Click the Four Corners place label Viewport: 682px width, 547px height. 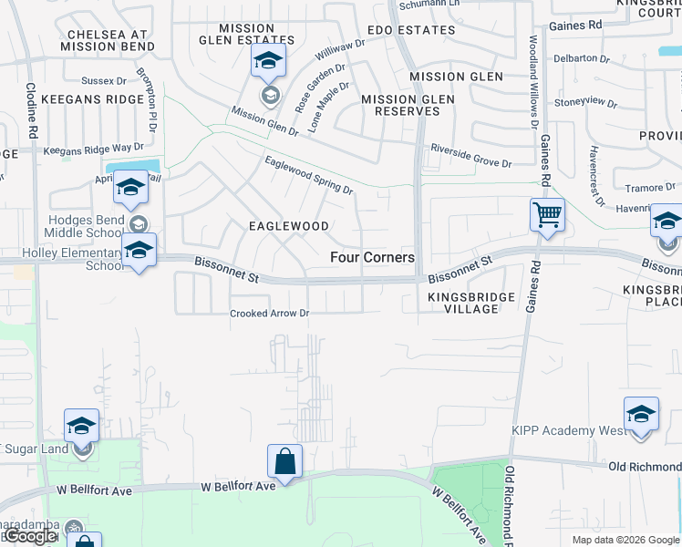tap(372, 258)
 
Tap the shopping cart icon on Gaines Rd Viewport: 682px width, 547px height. tap(547, 216)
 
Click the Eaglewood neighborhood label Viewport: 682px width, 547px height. tap(289, 225)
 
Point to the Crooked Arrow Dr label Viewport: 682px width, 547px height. tap(270, 314)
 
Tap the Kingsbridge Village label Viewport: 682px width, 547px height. tap(463, 303)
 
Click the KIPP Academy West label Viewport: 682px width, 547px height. tap(574, 430)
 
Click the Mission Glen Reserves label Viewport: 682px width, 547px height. tap(401, 105)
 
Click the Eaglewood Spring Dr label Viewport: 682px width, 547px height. tap(308, 174)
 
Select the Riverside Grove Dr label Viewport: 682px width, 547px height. tap(471, 156)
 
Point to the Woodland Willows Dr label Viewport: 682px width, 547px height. tap(532, 83)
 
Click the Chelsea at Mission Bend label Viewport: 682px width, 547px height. tap(106, 40)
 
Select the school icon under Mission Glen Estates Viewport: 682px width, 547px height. tap(269, 62)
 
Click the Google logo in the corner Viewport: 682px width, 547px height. tap(29, 537)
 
